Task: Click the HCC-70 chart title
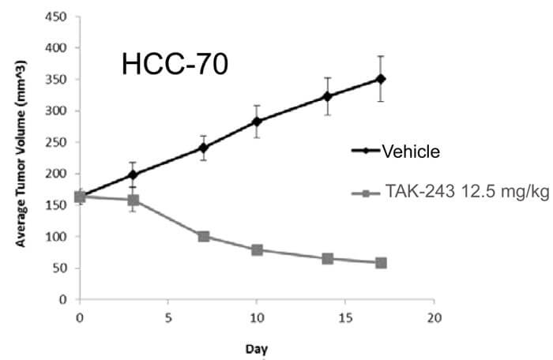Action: pos(175,65)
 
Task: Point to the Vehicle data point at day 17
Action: pos(381,79)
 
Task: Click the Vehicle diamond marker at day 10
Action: pos(257,122)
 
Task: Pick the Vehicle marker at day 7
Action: pos(203,148)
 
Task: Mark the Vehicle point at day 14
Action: pos(327,96)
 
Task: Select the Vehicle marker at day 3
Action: pos(133,174)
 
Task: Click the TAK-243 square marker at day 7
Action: pos(203,236)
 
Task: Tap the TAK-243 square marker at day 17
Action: pos(381,263)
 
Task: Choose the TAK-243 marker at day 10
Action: pos(257,249)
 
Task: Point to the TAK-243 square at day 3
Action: pos(133,200)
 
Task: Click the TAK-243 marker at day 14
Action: pos(327,258)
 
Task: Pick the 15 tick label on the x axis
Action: pos(344,316)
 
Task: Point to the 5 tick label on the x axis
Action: pos(167,316)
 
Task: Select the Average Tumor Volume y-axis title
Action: pos(23,158)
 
